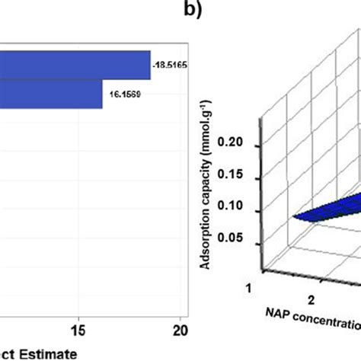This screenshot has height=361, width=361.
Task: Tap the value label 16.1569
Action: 120,94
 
